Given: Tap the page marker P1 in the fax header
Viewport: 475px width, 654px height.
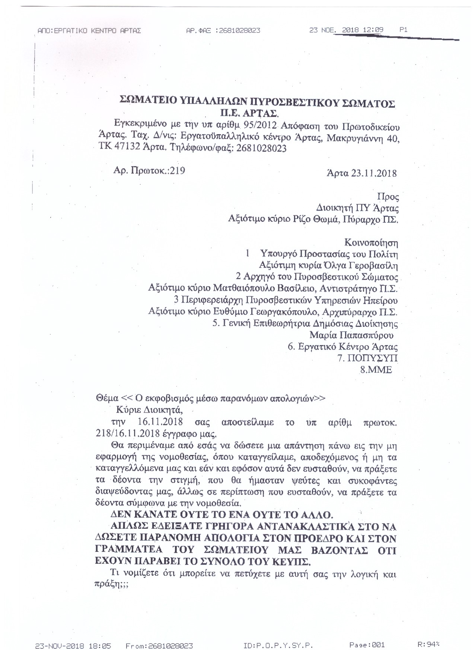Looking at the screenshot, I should pos(403,30).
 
